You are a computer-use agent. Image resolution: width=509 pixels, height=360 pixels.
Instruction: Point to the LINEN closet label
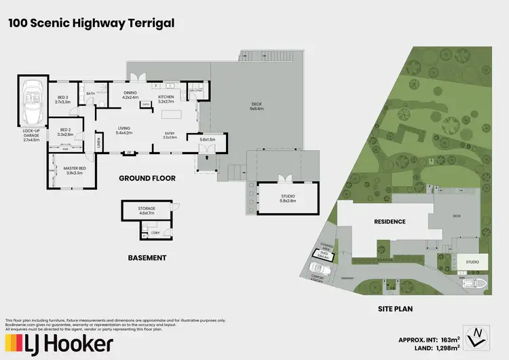click(99, 143)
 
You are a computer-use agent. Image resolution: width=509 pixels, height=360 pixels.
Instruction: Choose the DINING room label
click(130, 96)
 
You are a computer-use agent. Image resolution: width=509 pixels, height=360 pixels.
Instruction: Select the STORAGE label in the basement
click(147, 210)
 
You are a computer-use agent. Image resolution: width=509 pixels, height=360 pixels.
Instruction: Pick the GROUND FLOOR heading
click(147, 179)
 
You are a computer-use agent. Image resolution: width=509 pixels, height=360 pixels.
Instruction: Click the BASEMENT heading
click(147, 257)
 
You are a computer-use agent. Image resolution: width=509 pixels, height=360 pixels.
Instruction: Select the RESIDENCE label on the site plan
click(389, 221)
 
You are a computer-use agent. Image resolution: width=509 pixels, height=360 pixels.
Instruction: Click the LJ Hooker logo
click(59, 344)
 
